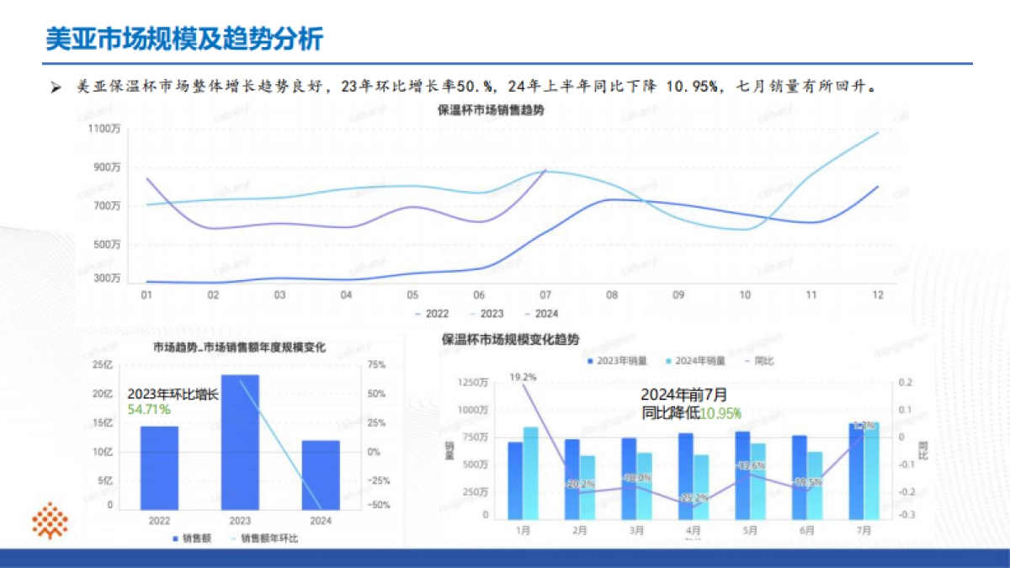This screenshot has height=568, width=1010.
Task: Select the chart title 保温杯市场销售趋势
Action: click(491, 110)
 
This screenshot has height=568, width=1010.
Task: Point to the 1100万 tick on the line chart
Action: click(105, 129)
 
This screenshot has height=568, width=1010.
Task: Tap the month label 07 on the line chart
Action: click(545, 295)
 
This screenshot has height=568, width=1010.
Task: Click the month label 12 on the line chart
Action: click(878, 295)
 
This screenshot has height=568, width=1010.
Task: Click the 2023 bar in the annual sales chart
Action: click(240, 442)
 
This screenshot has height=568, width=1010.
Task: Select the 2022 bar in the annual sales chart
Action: click(159, 467)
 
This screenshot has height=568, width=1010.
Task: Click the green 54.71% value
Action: click(149, 410)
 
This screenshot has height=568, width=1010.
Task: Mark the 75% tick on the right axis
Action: click(376, 364)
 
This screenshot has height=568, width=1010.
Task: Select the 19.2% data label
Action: click(524, 377)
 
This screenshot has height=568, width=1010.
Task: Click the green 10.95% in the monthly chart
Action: click(721, 413)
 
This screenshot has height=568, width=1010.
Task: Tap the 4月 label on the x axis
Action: click(693, 531)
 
